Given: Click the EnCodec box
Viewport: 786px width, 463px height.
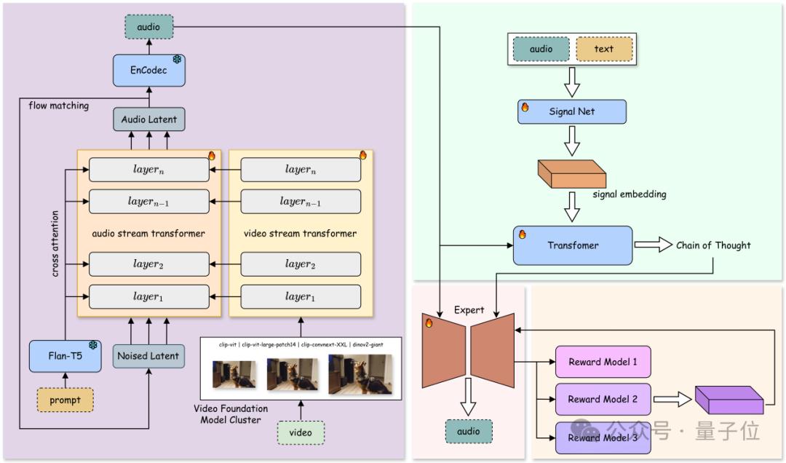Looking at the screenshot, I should point(148,71).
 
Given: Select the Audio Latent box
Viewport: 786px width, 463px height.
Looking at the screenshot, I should point(148,119).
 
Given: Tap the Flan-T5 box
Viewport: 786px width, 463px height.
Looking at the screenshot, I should point(64,356).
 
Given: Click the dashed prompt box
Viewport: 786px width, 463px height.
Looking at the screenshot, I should point(65,400).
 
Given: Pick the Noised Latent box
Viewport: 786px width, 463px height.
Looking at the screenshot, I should point(148,356).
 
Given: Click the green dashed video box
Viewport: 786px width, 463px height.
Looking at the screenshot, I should point(300,432).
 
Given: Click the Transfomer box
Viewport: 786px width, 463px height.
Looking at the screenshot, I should point(572,245).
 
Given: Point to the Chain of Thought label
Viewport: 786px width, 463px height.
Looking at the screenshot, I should point(713,245).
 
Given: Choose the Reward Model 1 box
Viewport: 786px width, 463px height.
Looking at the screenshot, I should point(603,362).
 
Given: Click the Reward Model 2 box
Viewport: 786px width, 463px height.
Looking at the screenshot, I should point(603,399).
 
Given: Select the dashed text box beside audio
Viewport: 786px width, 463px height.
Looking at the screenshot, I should point(603,50).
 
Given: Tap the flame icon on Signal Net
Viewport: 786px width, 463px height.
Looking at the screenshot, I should point(525,107).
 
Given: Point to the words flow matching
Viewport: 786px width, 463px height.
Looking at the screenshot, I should point(58,106).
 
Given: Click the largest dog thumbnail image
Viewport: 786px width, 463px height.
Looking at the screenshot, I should point(360,373).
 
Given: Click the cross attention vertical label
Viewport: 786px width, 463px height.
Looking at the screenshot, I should point(55,244).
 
